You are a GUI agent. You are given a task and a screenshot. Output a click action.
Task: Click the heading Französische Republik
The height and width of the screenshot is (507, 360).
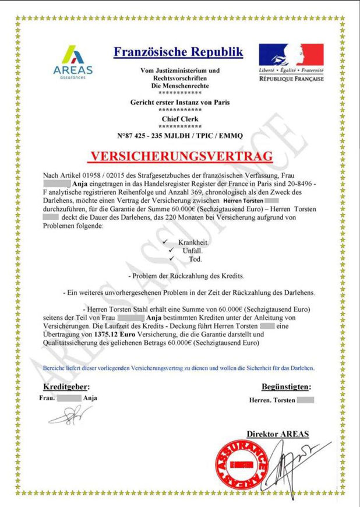[x=178, y=52]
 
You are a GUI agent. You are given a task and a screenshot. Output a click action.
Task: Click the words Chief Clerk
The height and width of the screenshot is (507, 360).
[x=181, y=119]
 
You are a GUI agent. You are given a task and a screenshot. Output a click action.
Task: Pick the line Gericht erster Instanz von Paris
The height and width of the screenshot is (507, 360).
[x=180, y=103]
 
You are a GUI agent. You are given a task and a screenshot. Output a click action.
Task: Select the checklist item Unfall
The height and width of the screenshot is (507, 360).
[x=193, y=250]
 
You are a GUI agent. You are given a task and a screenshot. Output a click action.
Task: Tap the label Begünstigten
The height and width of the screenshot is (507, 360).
[x=286, y=386]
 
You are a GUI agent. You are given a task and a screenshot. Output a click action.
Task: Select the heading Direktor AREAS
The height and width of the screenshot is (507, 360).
[x=277, y=434]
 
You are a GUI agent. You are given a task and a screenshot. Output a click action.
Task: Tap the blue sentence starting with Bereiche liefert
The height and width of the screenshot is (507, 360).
[x=179, y=368]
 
